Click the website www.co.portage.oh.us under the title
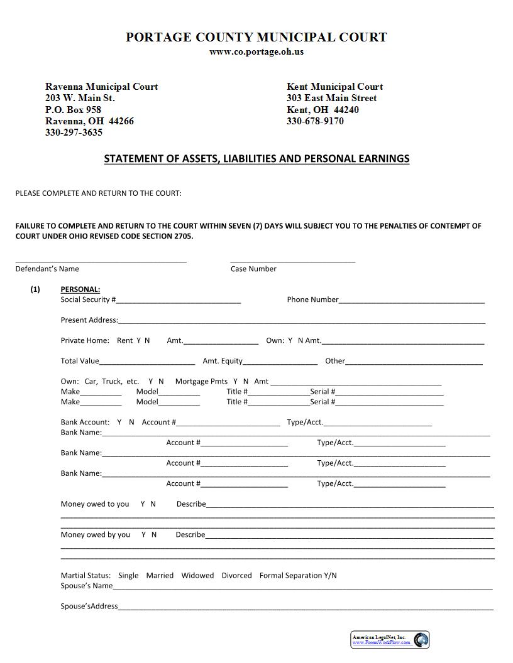click(256, 51)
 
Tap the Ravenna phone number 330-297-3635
click(74, 132)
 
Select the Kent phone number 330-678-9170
click(315, 121)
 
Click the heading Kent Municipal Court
click(334, 87)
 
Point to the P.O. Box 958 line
click(73, 110)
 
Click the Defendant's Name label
click(47, 269)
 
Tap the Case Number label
click(253, 269)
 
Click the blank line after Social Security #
click(179, 301)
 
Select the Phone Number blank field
click(412, 301)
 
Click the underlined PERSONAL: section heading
click(80, 289)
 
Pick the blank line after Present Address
click(302, 321)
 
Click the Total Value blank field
click(147, 362)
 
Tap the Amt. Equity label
click(223, 361)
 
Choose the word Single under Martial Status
click(128, 576)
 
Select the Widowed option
click(197, 576)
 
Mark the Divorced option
click(236, 576)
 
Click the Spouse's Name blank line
click(302, 587)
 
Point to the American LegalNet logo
click(390, 640)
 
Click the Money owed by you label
click(95, 535)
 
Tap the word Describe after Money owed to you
click(191, 504)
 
